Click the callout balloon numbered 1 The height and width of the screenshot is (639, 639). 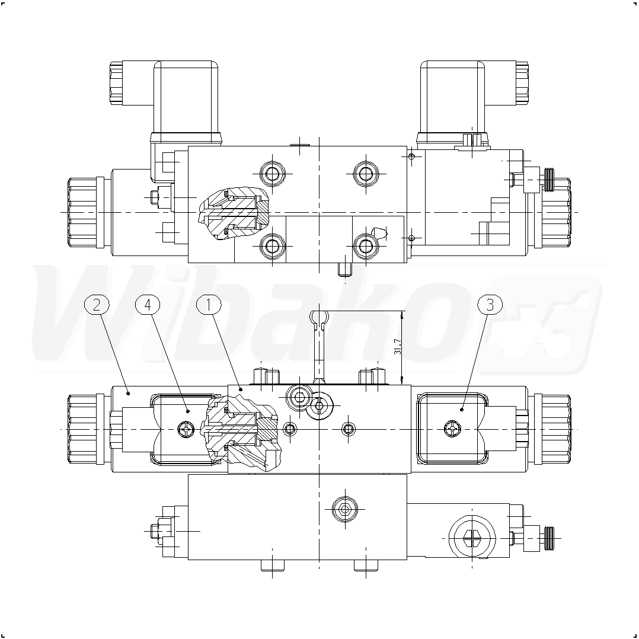coord(209,305)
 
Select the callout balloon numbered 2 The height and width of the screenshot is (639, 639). coord(97,305)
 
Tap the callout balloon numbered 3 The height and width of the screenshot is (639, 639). coord(490,305)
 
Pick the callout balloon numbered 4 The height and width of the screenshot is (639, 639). coord(148,305)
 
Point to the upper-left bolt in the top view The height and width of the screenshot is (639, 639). coord(272,174)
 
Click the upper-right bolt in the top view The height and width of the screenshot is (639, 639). coord(366,174)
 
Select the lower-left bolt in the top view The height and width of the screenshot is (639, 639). coord(272,246)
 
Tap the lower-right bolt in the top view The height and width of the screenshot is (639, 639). coord(366,246)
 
